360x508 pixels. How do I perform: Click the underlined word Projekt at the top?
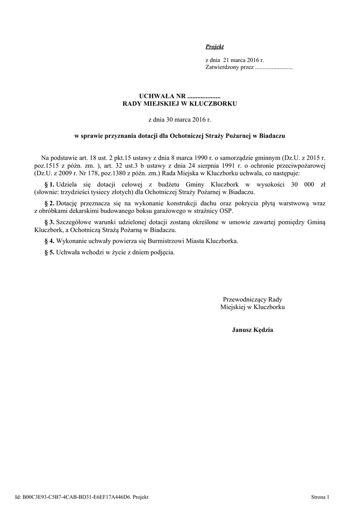point(215,47)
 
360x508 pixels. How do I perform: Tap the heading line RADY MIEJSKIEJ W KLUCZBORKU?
point(180,104)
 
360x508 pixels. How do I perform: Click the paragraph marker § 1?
point(49,184)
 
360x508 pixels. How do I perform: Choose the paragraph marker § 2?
point(49,204)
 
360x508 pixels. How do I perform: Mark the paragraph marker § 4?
point(49,241)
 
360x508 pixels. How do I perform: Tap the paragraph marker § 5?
point(49,252)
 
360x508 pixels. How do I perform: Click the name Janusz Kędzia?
point(252,329)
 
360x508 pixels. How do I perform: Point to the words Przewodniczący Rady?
point(252,300)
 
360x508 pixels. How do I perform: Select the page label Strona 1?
point(320,497)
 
